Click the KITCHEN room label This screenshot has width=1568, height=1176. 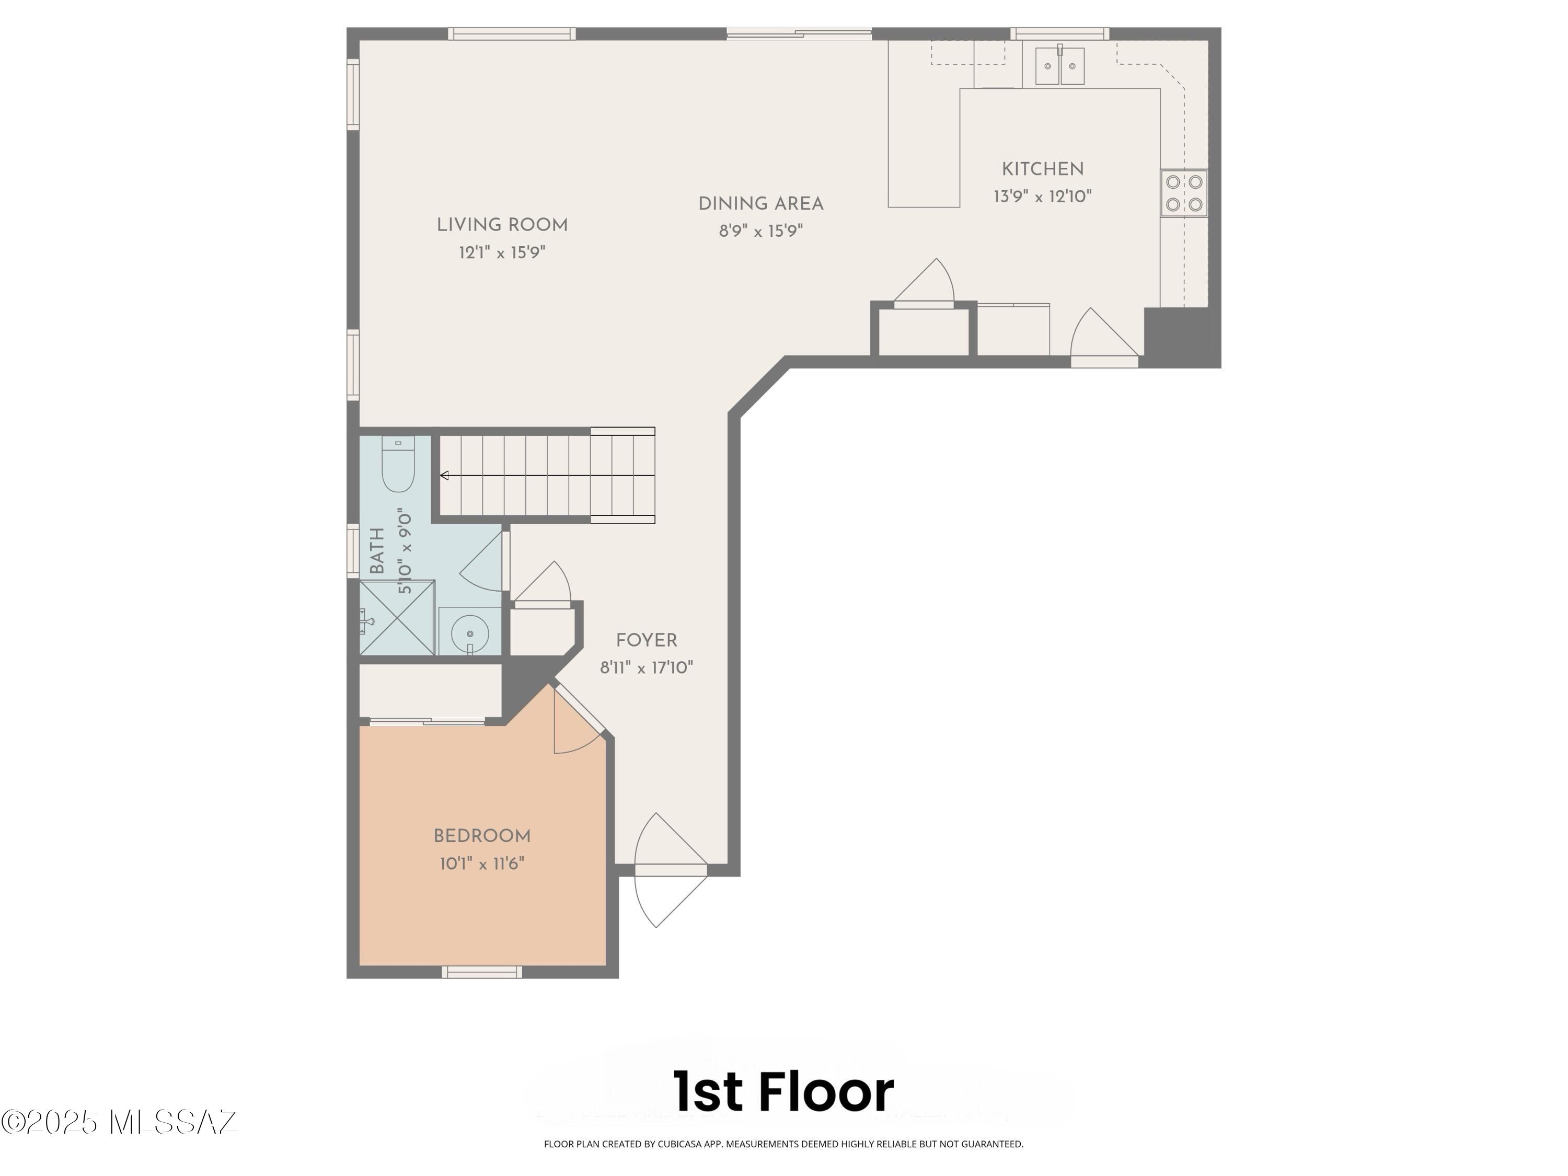1042,169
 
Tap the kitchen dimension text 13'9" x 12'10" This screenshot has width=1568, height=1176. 1042,197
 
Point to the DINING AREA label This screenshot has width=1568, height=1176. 760,204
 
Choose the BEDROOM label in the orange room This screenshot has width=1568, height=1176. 482,836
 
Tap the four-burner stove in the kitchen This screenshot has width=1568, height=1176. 1184,193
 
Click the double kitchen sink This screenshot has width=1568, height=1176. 1060,66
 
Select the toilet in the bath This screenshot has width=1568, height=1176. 398,466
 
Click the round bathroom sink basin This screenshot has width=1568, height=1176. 469,631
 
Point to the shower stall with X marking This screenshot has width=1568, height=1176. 397,617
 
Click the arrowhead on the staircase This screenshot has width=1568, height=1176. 444,475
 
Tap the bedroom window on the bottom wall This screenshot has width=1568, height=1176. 482,972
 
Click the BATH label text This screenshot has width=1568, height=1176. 377,551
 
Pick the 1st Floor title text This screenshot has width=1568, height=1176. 783,1092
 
